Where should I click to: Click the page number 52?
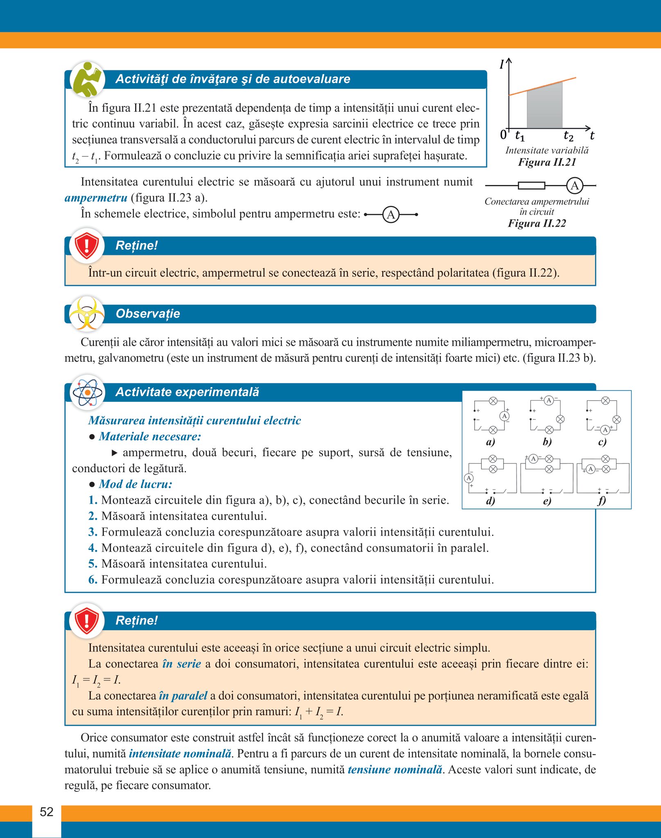coord(47,812)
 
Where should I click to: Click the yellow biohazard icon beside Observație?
coord(87,313)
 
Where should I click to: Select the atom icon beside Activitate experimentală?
coord(87,392)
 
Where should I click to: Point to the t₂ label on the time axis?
coord(569,135)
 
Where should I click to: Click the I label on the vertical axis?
coord(501,65)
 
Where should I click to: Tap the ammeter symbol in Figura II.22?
coord(575,186)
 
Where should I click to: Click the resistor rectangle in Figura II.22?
coord(531,186)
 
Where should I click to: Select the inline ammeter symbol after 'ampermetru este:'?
coord(391,214)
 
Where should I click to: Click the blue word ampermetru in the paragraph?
coord(96,198)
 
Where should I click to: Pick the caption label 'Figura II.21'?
coord(547,162)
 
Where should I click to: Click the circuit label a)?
coord(490,442)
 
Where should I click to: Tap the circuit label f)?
coord(602,500)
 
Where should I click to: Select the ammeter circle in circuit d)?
coord(469,478)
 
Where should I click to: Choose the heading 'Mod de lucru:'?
coord(135,484)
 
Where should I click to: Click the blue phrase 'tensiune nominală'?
coord(395,770)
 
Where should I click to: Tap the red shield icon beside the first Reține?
coord(87,246)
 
